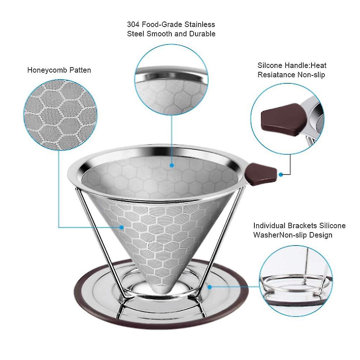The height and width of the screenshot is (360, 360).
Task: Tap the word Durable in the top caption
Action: click(x=202, y=34)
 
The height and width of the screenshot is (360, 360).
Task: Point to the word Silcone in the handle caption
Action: click(x=270, y=65)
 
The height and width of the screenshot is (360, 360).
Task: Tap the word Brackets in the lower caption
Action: click(x=302, y=226)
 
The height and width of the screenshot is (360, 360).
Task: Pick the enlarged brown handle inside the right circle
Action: click(x=284, y=120)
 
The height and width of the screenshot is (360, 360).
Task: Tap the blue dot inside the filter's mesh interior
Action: click(x=172, y=165)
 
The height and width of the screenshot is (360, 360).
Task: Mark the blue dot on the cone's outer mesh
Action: click(x=121, y=227)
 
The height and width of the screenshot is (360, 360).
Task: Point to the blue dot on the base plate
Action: click(x=209, y=287)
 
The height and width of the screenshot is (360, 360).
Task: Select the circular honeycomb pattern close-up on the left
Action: click(x=60, y=115)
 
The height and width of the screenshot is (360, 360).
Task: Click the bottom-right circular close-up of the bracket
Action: click(x=296, y=281)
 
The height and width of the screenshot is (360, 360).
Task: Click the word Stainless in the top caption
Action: click(x=200, y=24)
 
